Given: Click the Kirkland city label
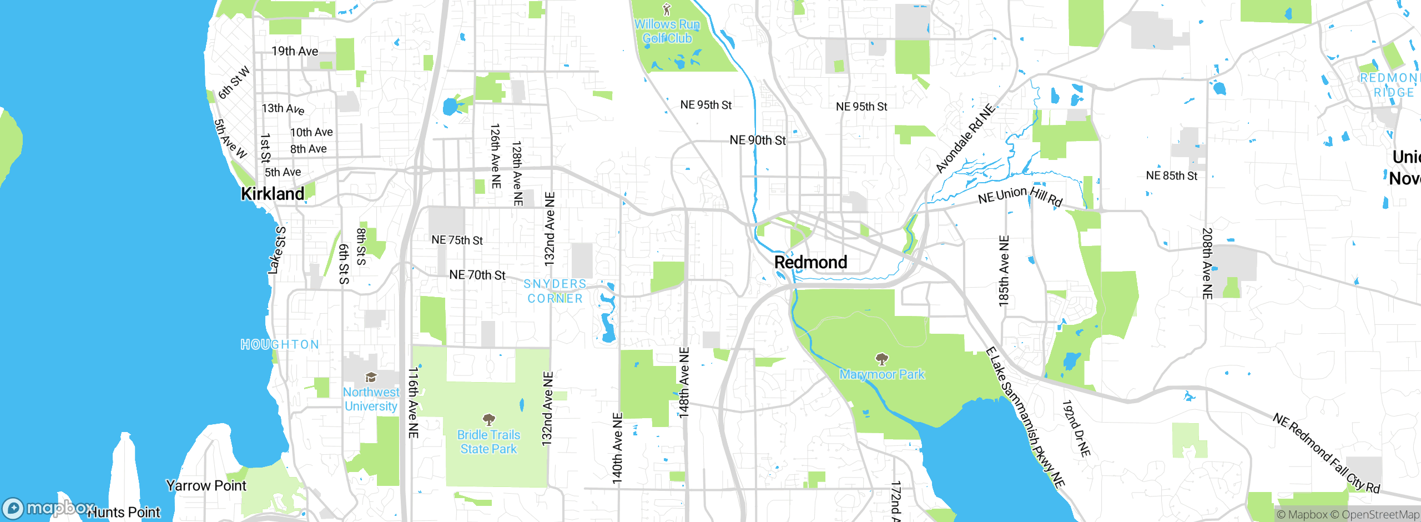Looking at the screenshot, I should [x=273, y=194].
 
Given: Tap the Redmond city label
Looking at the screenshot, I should [x=810, y=262].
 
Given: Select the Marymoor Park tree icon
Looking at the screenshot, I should [x=881, y=359].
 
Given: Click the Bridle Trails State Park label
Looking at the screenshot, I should [x=488, y=442].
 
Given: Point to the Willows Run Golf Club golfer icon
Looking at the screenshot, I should [x=667, y=9].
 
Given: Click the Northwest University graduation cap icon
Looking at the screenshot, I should [x=371, y=378].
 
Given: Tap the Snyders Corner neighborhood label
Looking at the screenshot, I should [x=555, y=291].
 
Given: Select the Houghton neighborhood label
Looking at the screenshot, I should [x=280, y=344].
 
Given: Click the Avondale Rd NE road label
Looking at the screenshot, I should [x=965, y=139].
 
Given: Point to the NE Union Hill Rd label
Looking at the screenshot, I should [x=1020, y=196].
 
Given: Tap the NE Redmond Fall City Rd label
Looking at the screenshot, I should [x=1326, y=453].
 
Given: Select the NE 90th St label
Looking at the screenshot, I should [x=758, y=140].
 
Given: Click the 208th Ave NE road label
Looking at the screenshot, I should [x=1207, y=263].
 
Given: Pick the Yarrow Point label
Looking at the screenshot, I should [x=206, y=486].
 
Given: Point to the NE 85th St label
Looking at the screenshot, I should [x=1171, y=176].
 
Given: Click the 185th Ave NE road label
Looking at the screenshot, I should [x=1004, y=271].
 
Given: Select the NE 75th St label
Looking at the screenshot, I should [x=457, y=240].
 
